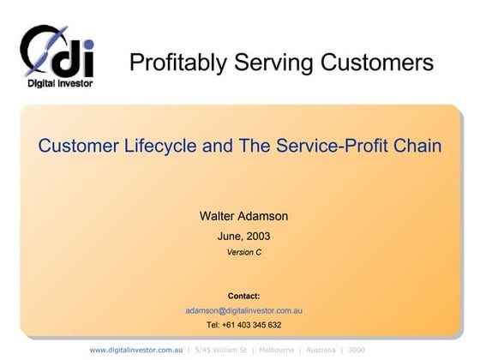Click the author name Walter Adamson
tap(244, 217)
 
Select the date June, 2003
tap(244, 236)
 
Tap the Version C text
tap(244, 252)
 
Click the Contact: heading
tap(244, 296)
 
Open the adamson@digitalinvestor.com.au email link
tap(244, 310)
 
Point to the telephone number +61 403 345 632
tap(252, 325)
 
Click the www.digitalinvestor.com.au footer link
tap(136, 350)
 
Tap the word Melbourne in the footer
tap(276, 350)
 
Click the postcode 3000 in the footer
tap(357, 350)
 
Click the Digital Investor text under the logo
tap(57, 84)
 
